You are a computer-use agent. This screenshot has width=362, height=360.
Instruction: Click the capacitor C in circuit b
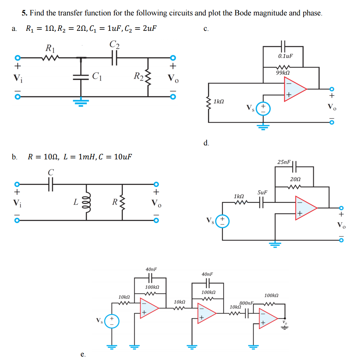(51, 184)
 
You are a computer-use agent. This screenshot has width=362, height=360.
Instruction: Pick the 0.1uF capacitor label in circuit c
(286, 56)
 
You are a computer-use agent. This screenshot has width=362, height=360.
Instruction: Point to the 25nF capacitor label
(284, 162)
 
